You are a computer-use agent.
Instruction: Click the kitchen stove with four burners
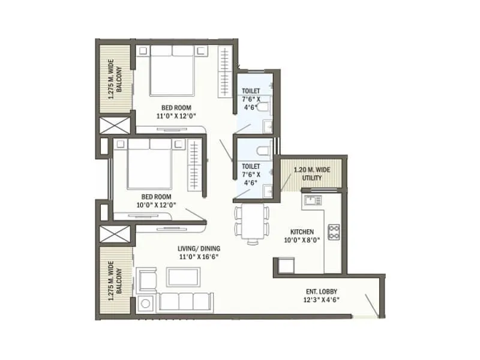point(334,230)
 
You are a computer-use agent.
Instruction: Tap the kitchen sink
point(313,200)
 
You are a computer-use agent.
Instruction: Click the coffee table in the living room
point(184,276)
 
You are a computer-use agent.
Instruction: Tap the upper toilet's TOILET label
point(251,91)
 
